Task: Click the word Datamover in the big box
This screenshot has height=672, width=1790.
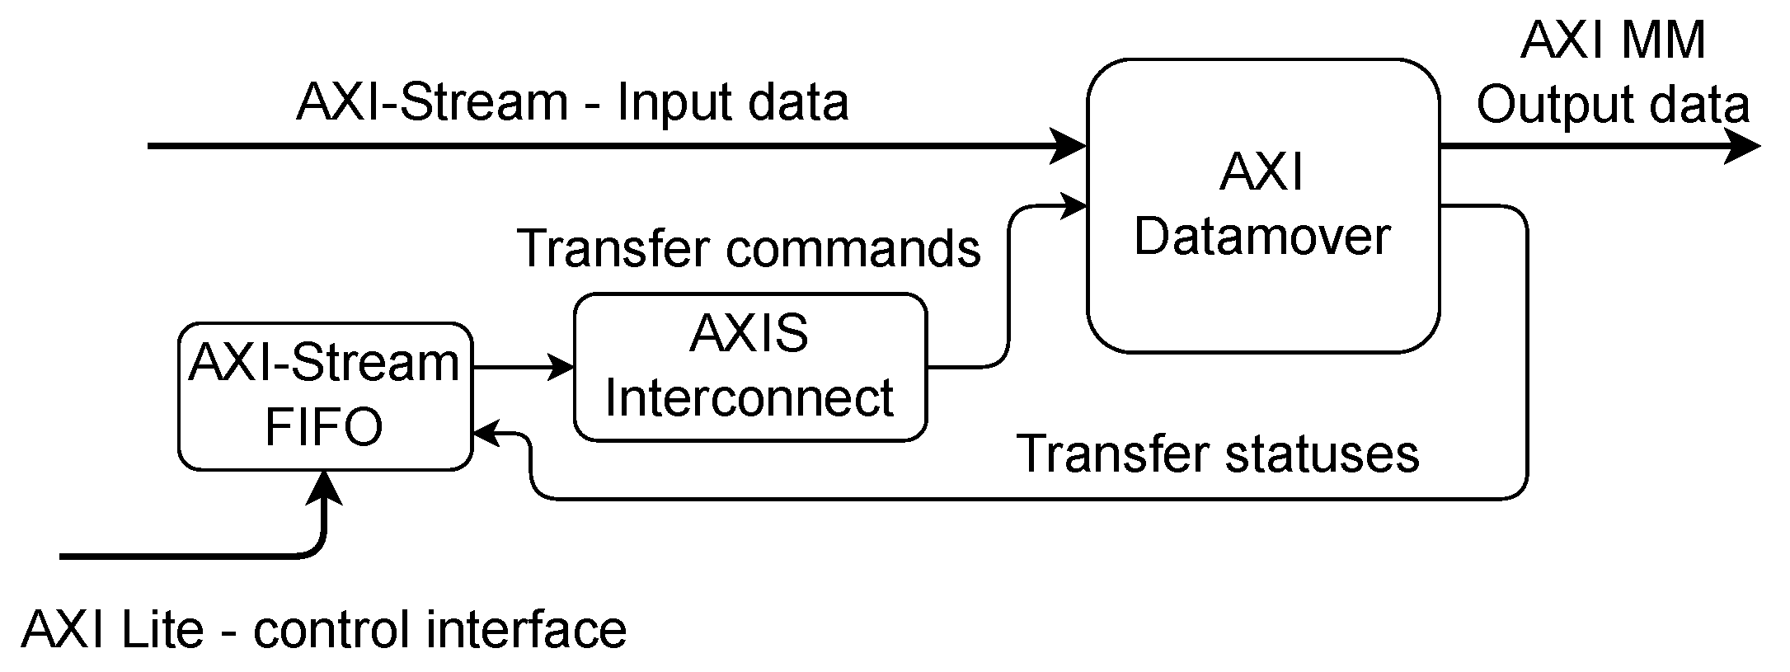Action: click(x=1262, y=237)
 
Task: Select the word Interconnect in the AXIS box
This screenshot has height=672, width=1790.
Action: click(x=749, y=398)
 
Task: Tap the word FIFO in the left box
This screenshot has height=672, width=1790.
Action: click(x=324, y=427)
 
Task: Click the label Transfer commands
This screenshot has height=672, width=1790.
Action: click(x=748, y=247)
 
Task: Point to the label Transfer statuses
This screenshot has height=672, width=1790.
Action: click(x=1218, y=453)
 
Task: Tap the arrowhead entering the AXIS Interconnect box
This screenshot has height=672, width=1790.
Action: click(x=561, y=367)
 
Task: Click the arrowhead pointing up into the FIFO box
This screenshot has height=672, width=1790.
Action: click(x=325, y=487)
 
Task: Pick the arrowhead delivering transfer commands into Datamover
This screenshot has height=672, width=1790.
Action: click(x=1074, y=206)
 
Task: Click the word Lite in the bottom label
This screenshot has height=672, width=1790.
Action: click(x=162, y=630)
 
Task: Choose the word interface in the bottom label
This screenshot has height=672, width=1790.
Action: click(x=526, y=630)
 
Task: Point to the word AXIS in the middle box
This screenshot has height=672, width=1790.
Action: click(x=749, y=334)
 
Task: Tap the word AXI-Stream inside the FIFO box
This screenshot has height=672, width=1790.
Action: click(x=324, y=363)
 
